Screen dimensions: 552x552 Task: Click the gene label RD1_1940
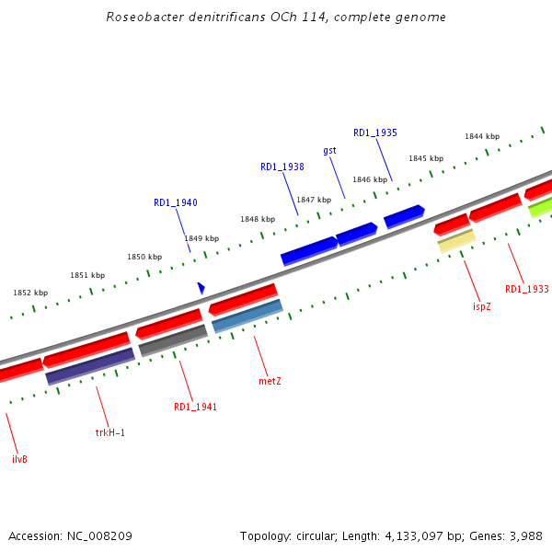pyautogui.click(x=175, y=202)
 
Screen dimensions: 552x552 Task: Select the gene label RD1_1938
pyautogui.click(x=282, y=167)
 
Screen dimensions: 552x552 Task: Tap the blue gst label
pyautogui.click(x=329, y=150)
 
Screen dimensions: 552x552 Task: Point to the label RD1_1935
pyautogui.click(x=375, y=132)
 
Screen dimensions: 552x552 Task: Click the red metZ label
pyautogui.click(x=270, y=380)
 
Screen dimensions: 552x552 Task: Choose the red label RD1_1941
pyautogui.click(x=195, y=407)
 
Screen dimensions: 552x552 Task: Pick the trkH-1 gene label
pyautogui.click(x=109, y=431)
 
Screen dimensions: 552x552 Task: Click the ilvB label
pyautogui.click(x=19, y=458)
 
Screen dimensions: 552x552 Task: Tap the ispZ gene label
pyautogui.click(x=482, y=306)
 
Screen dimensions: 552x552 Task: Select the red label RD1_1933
pyautogui.click(x=526, y=289)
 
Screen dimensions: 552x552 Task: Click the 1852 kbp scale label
pyautogui.click(x=30, y=293)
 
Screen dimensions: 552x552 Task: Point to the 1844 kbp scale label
pyautogui.click(x=481, y=136)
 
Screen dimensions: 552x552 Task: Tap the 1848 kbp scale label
pyautogui.click(x=258, y=219)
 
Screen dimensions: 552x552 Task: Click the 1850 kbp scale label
pyautogui.click(x=144, y=257)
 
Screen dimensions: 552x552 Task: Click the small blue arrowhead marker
pyautogui.click(x=201, y=288)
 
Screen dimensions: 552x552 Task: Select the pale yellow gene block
pyautogui.click(x=456, y=241)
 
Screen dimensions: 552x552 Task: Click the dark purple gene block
pyautogui.click(x=90, y=365)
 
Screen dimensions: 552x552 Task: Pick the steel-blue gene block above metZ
pyautogui.click(x=247, y=316)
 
